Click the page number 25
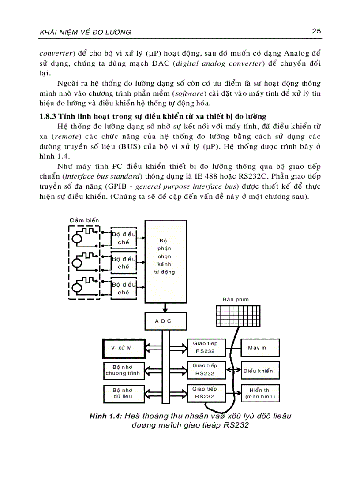point(316,31)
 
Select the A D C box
point(163,321)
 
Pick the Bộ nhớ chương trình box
point(122,370)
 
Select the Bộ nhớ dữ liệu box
point(122,393)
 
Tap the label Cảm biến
point(85,220)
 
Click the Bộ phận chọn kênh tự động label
point(165,257)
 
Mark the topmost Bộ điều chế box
point(124,238)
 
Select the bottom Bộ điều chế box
point(124,288)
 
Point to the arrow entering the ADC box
point(164,307)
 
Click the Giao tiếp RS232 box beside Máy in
point(205,347)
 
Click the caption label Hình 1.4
point(105,416)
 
